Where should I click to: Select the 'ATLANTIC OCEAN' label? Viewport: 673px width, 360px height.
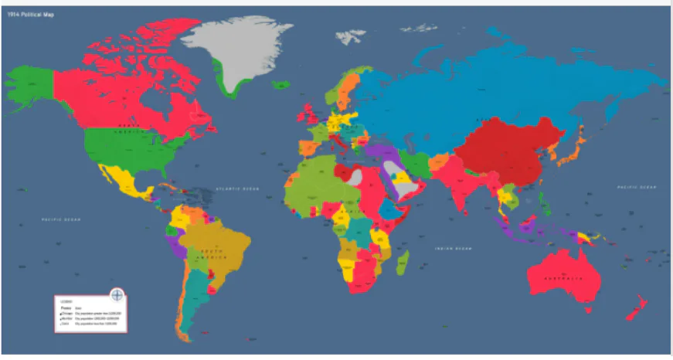coord(237,188)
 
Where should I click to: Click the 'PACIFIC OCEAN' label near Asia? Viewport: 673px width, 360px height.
coord(636,188)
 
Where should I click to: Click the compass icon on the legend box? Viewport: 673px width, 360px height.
coord(117,294)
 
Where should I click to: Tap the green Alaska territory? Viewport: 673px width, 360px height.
coord(29,80)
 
